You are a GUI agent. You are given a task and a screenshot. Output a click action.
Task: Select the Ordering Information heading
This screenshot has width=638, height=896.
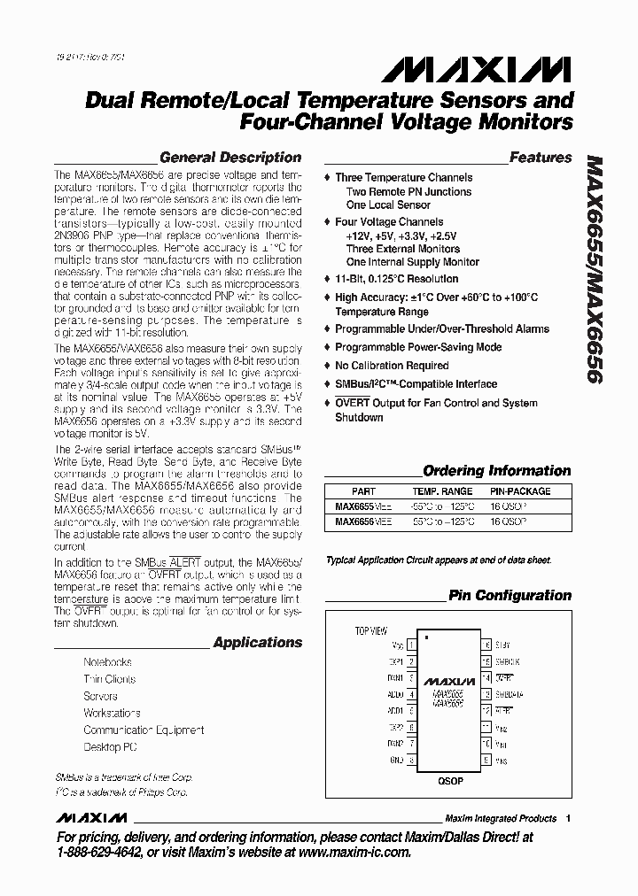pyautogui.click(x=497, y=471)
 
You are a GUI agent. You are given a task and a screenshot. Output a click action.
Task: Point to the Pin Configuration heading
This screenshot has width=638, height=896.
pyautogui.click(x=510, y=595)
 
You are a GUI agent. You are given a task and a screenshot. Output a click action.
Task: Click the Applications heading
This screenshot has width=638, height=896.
pyautogui.click(x=257, y=643)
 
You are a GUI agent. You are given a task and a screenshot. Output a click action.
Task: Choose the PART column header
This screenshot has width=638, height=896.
pyautogui.click(x=363, y=490)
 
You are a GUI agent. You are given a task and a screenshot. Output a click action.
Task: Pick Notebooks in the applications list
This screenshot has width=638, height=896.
pyautogui.click(x=108, y=662)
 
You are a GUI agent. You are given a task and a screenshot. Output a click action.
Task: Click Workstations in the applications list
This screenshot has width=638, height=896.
pyautogui.click(x=113, y=713)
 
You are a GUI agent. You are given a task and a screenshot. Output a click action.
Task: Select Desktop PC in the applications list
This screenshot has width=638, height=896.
pyautogui.click(x=111, y=746)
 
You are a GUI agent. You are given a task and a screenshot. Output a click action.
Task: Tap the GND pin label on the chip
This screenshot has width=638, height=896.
pyautogui.click(x=395, y=761)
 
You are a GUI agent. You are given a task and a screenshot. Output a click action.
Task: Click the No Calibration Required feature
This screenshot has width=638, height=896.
pyautogui.click(x=392, y=366)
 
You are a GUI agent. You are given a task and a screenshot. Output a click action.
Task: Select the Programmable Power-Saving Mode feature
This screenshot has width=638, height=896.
pyautogui.click(x=418, y=347)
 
